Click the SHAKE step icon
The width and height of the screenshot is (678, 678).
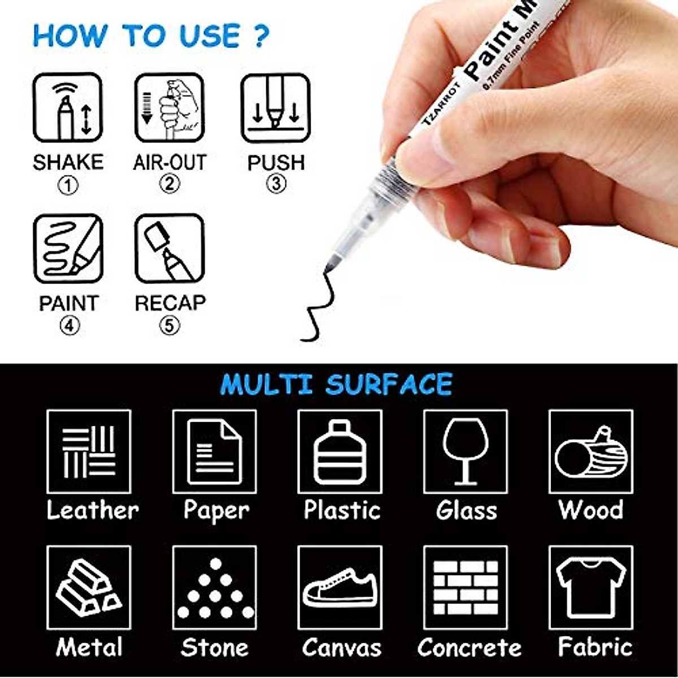pyautogui.click(x=68, y=107)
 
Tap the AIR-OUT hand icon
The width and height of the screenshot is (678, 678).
pyautogui.click(x=169, y=107)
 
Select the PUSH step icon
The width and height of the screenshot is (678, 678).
pyautogui.click(x=276, y=107)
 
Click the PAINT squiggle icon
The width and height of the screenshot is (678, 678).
pyautogui.click(x=68, y=249)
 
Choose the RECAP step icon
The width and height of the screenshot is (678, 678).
pyautogui.click(x=169, y=249)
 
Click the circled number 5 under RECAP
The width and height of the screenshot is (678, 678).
pyautogui.click(x=169, y=325)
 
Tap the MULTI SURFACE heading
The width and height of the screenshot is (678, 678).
pyautogui.click(x=336, y=385)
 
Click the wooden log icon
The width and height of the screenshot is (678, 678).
pyautogui.click(x=591, y=452)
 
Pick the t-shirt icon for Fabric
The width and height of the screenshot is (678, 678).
pyautogui.click(x=591, y=588)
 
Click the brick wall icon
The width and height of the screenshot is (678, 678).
pyautogui.click(x=465, y=588)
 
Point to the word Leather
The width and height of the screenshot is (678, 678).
pyautogui.click(x=92, y=510)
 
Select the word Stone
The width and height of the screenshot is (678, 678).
pyautogui.click(x=215, y=647)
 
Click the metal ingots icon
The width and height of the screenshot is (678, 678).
pyautogui.click(x=89, y=588)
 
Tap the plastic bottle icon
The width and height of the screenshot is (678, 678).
pyautogui.click(x=340, y=452)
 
